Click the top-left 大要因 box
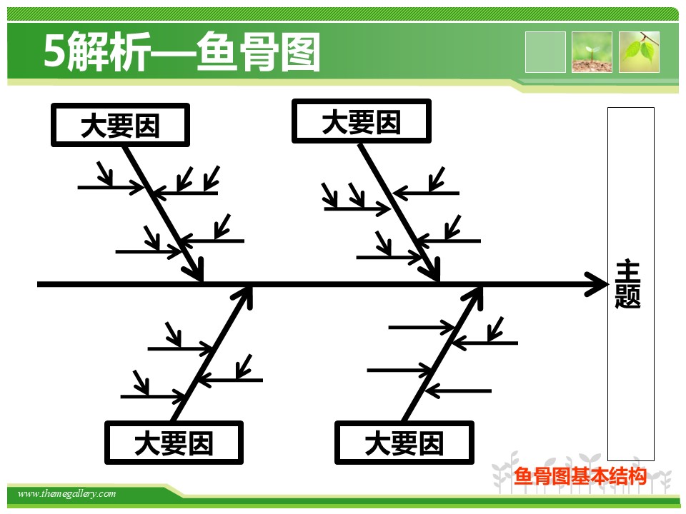(120, 125)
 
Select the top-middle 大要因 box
(362, 121)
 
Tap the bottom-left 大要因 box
(174, 443)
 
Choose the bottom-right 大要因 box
(404, 443)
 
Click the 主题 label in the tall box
(628, 285)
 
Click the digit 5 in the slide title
(55, 51)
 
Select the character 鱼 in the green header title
(217, 51)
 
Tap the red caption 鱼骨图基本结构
(580, 476)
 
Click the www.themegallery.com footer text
(66, 494)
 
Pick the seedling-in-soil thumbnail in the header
(592, 52)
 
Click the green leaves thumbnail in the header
(639, 52)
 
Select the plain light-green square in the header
(545, 52)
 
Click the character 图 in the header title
(300, 52)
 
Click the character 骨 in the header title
(259, 52)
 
